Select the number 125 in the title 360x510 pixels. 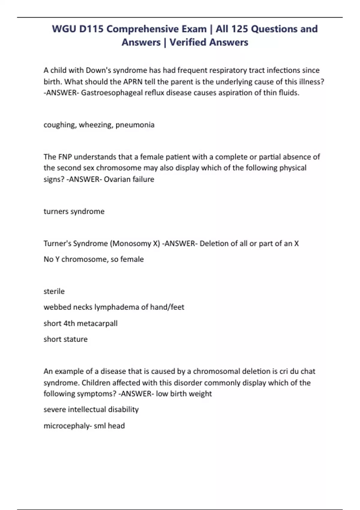pos(239,29)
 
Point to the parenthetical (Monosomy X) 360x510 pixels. pos(135,243)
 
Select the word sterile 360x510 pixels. pos(54,291)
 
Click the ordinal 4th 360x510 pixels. pos(69,323)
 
